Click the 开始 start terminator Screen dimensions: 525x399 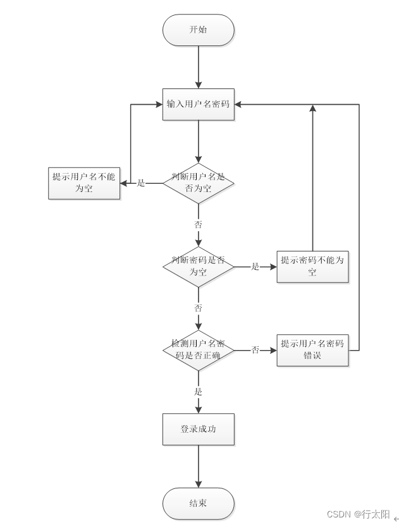198,30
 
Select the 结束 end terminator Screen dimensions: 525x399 198,503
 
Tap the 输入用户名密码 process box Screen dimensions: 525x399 198,104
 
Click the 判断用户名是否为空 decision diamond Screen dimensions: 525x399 198,183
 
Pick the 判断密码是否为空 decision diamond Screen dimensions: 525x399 198,267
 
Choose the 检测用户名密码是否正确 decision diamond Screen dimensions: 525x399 198,350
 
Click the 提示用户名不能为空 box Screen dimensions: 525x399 84,183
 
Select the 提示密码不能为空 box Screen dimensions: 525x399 312,267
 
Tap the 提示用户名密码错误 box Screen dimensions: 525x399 312,349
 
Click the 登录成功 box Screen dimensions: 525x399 198,430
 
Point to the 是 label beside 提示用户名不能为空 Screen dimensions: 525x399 141,183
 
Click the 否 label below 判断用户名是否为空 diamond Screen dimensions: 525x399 198,224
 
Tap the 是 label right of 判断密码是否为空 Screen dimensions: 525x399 255,267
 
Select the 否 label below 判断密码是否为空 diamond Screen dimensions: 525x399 198,308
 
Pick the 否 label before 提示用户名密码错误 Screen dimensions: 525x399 255,350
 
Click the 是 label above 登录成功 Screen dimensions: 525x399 198,392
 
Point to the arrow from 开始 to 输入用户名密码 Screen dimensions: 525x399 198,67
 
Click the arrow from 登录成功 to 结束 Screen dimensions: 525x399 198,466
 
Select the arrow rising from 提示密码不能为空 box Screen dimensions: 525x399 312,177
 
